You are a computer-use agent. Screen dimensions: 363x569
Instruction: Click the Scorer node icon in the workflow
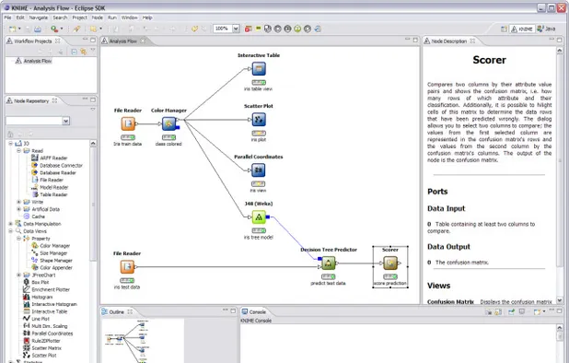pos(389,264)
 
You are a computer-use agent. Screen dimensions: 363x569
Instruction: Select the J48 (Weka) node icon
pos(259,217)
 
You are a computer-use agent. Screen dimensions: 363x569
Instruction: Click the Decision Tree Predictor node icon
pos(328,264)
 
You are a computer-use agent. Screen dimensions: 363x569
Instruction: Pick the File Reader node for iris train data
pos(127,125)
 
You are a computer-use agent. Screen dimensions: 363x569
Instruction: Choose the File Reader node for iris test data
pos(127,267)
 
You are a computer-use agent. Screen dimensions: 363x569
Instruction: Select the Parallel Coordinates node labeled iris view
pos(259,170)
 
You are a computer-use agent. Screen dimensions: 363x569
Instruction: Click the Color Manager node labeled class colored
pos(168,125)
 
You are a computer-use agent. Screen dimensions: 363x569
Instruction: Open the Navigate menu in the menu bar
pos(38,18)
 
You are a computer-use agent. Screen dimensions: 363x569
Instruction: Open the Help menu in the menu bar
pos(147,18)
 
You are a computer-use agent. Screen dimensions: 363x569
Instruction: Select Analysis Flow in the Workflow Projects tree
pos(37,61)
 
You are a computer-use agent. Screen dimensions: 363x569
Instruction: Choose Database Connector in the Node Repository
pos(60,165)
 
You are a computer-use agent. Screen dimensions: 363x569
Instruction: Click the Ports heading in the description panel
pos(438,192)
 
